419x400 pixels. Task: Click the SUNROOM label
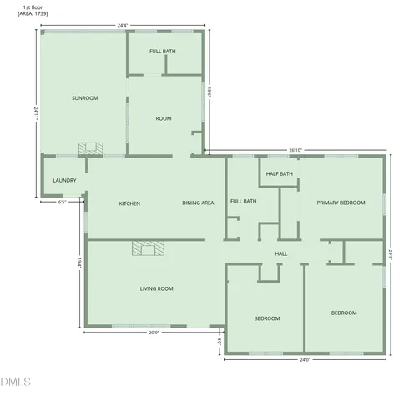[85, 98]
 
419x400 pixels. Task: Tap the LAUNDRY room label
[64, 181]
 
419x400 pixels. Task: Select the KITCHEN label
[129, 203]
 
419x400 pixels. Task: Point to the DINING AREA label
[199, 203]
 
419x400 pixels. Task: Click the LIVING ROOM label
[156, 288]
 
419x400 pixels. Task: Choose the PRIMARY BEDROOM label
[341, 202]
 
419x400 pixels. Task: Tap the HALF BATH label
[280, 173]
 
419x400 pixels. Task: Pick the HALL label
[281, 253]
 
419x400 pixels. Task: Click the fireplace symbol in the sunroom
[90, 148]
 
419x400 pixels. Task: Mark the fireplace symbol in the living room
[149, 247]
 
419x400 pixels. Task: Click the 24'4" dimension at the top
[123, 26]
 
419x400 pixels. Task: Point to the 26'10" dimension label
[296, 151]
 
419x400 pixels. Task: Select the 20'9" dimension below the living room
[154, 332]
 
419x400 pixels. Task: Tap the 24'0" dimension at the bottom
[305, 360]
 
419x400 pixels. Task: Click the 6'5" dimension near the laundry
[63, 202]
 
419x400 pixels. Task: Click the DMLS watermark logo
[15, 382]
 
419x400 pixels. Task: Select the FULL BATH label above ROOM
[163, 52]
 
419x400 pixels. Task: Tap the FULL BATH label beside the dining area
[243, 201]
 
